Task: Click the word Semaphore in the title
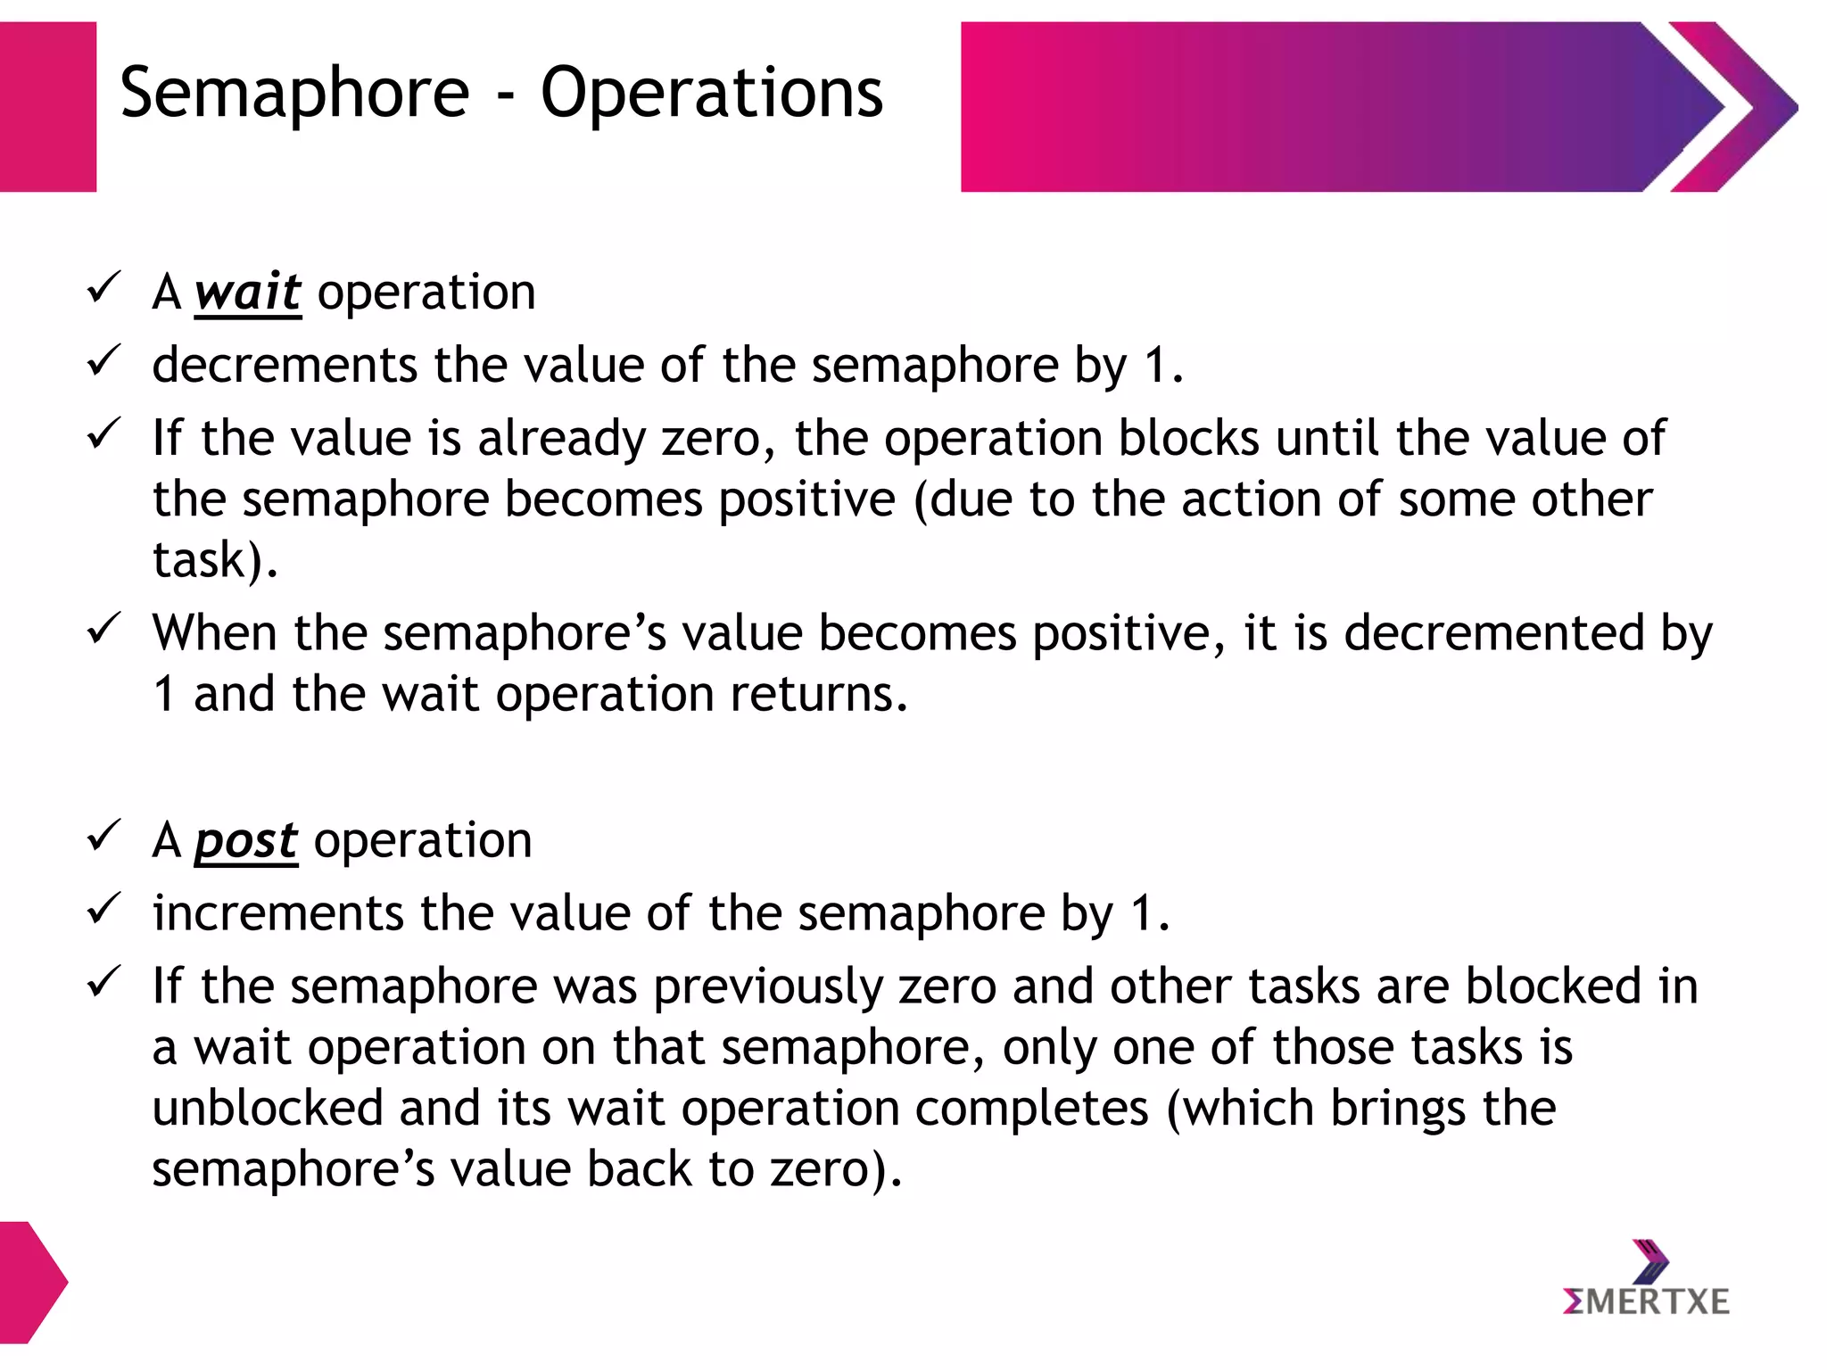(x=294, y=93)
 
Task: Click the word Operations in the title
(x=711, y=93)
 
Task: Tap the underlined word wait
(x=248, y=293)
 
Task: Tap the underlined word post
(x=246, y=841)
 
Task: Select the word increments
(x=278, y=914)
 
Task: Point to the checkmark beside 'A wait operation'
(x=103, y=288)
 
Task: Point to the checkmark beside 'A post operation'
(x=103, y=837)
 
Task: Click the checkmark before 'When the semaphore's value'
(x=103, y=629)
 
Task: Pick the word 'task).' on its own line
(x=215, y=560)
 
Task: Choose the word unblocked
(x=268, y=1109)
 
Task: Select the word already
(x=561, y=439)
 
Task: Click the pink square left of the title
(x=47, y=107)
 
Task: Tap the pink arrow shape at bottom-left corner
(x=31, y=1283)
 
